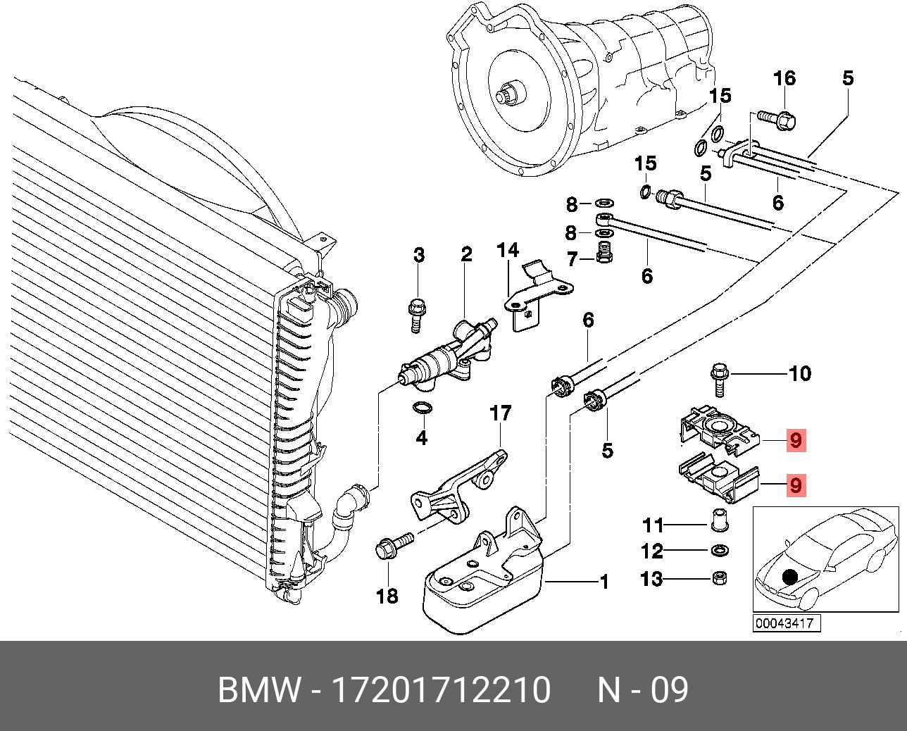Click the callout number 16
[784, 78]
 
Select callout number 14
[508, 250]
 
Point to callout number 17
[501, 413]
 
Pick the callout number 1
[603, 582]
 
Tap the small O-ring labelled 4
[422, 408]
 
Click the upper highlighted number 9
[796, 440]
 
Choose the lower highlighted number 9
[796, 485]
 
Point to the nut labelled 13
[719, 578]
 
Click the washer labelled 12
[720, 550]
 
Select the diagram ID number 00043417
[784, 623]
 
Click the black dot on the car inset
[790, 577]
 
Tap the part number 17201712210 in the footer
[441, 690]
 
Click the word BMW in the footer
[258, 690]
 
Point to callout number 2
[466, 254]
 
